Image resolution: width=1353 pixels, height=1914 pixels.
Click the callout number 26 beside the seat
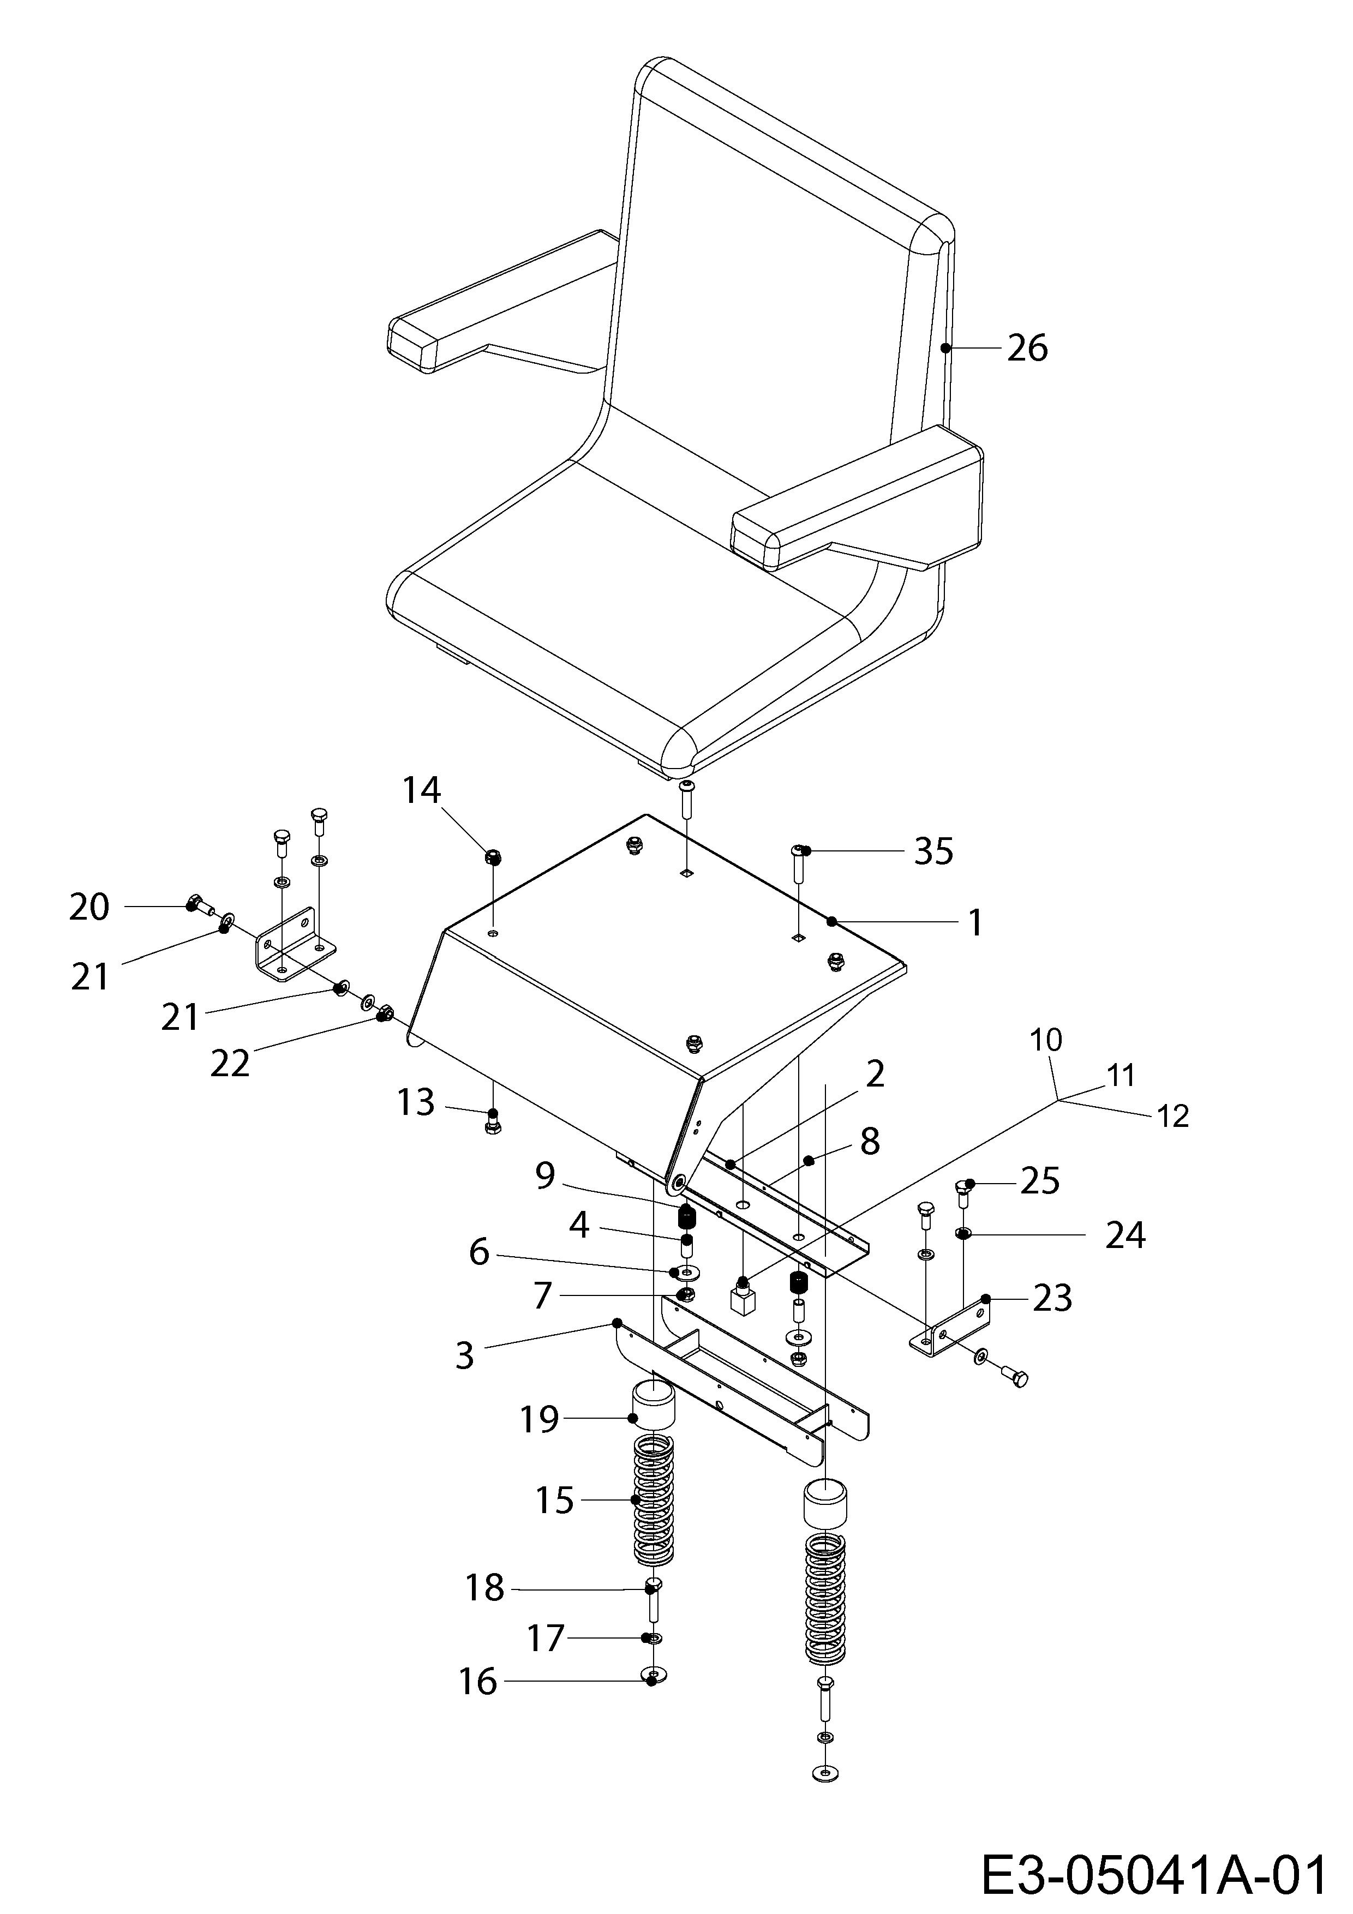[x=1027, y=347]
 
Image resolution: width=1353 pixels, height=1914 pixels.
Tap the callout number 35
[x=933, y=851]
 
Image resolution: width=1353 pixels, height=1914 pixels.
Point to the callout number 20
[x=89, y=907]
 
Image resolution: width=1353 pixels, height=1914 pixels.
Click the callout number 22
[x=230, y=1064]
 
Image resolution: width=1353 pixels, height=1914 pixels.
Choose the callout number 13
[x=415, y=1102]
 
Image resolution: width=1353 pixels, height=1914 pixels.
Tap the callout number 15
[x=554, y=1501]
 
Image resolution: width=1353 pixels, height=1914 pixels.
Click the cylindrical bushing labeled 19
[x=652, y=1404]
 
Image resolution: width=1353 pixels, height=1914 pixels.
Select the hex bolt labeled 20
[x=199, y=903]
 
